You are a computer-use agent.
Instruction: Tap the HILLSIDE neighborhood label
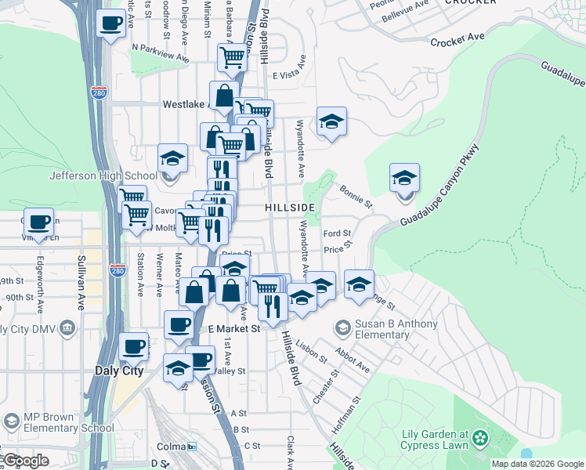coord(289,207)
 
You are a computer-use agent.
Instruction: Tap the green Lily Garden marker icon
coord(480,439)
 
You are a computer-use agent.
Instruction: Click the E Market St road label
coord(233,330)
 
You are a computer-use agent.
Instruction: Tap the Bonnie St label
coord(356,196)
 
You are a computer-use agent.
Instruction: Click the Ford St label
coord(337,233)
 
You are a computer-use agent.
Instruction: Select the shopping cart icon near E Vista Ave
coord(233,56)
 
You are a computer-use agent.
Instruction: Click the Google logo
coord(25,461)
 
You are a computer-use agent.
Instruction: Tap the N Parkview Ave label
coord(161,52)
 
